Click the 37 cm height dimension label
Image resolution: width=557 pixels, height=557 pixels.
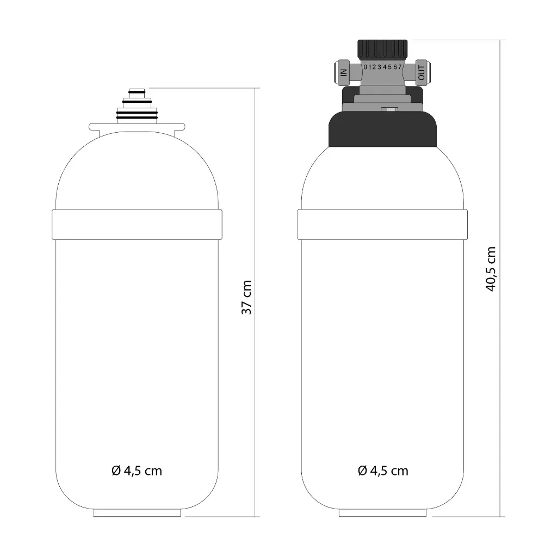pyautogui.click(x=247, y=298)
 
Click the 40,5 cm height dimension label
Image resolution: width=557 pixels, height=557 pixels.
pyautogui.click(x=491, y=269)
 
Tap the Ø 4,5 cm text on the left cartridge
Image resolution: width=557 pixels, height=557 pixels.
pyautogui.click(x=137, y=471)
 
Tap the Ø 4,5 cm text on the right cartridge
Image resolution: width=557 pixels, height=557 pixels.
pyautogui.click(x=383, y=471)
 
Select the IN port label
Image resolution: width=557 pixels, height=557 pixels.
pyautogui.click(x=343, y=71)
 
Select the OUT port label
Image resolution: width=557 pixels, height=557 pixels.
pyautogui.click(x=422, y=71)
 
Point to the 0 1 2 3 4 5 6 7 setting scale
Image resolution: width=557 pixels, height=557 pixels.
pyautogui.click(x=382, y=67)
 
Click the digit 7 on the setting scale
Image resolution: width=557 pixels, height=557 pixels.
pyautogui.click(x=400, y=67)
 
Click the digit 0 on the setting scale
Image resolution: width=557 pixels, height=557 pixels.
pyautogui.click(x=366, y=67)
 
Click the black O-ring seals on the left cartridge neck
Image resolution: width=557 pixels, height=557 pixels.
pyautogui.click(x=137, y=115)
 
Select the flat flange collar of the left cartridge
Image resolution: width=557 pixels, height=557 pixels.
pyautogui.click(x=137, y=127)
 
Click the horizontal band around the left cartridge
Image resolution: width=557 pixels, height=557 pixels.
pyautogui.click(x=137, y=224)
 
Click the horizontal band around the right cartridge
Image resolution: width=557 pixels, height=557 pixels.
pyautogui.click(x=382, y=224)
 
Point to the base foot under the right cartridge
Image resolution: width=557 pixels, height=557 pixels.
pyautogui.click(x=382, y=512)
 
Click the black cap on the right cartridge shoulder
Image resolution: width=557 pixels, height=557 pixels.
pyautogui.click(x=382, y=131)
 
